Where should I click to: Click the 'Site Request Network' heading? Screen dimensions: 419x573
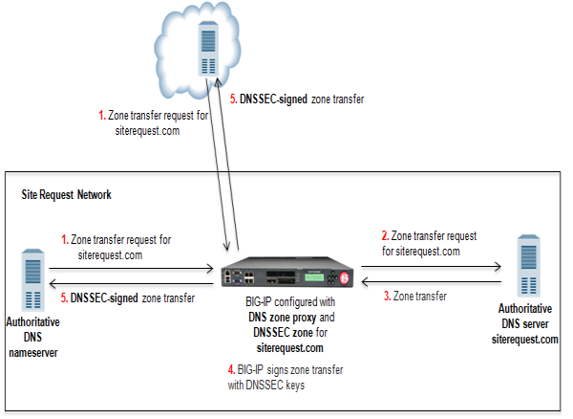click(66, 194)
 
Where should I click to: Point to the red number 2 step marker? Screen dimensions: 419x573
click(385, 234)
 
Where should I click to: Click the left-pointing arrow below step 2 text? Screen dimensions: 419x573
click(431, 283)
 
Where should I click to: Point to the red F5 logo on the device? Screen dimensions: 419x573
click(346, 280)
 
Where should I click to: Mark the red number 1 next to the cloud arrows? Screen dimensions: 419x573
click(102, 116)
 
